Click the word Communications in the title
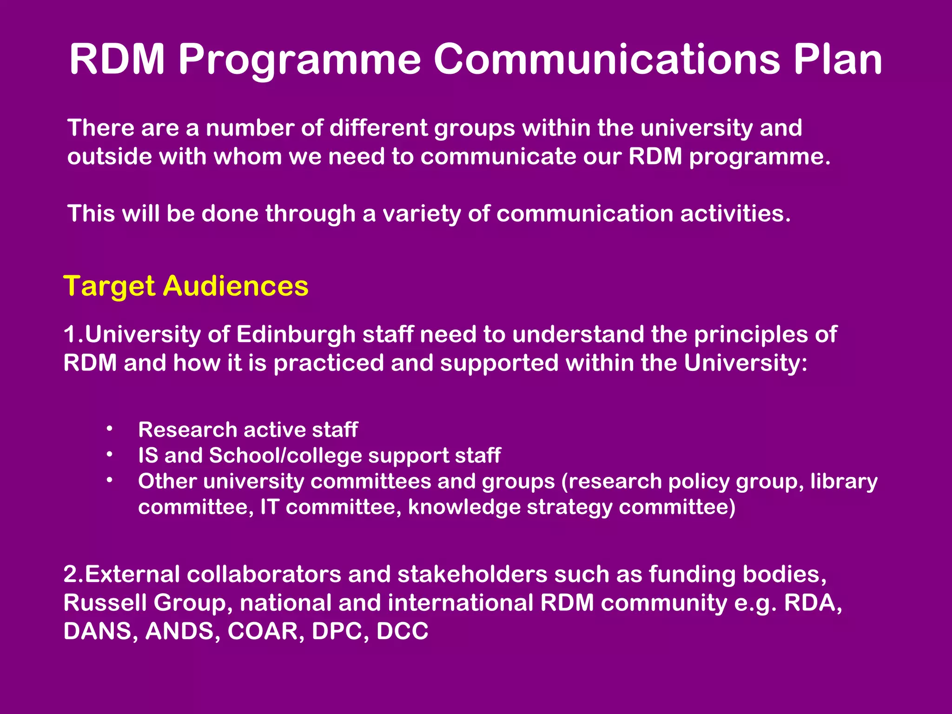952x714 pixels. (x=606, y=59)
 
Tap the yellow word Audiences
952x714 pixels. (x=236, y=285)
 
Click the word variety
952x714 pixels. (x=421, y=214)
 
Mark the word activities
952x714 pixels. (x=735, y=214)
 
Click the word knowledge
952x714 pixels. (x=464, y=507)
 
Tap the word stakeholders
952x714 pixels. (x=472, y=575)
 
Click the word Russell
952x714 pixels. (x=105, y=603)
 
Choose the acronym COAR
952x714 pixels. (x=263, y=631)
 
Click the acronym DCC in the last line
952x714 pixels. (x=402, y=631)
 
